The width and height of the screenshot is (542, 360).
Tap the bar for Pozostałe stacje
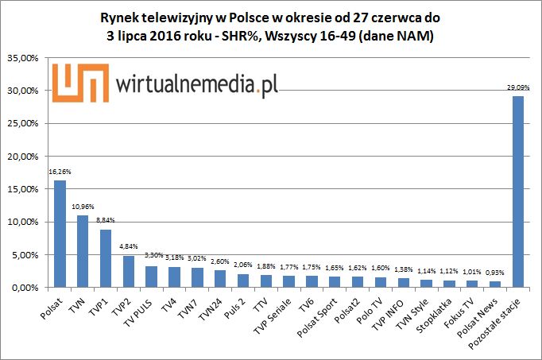tap(517, 192)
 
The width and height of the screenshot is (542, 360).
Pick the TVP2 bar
tap(128, 271)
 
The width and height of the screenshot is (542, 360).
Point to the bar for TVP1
tap(105, 258)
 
